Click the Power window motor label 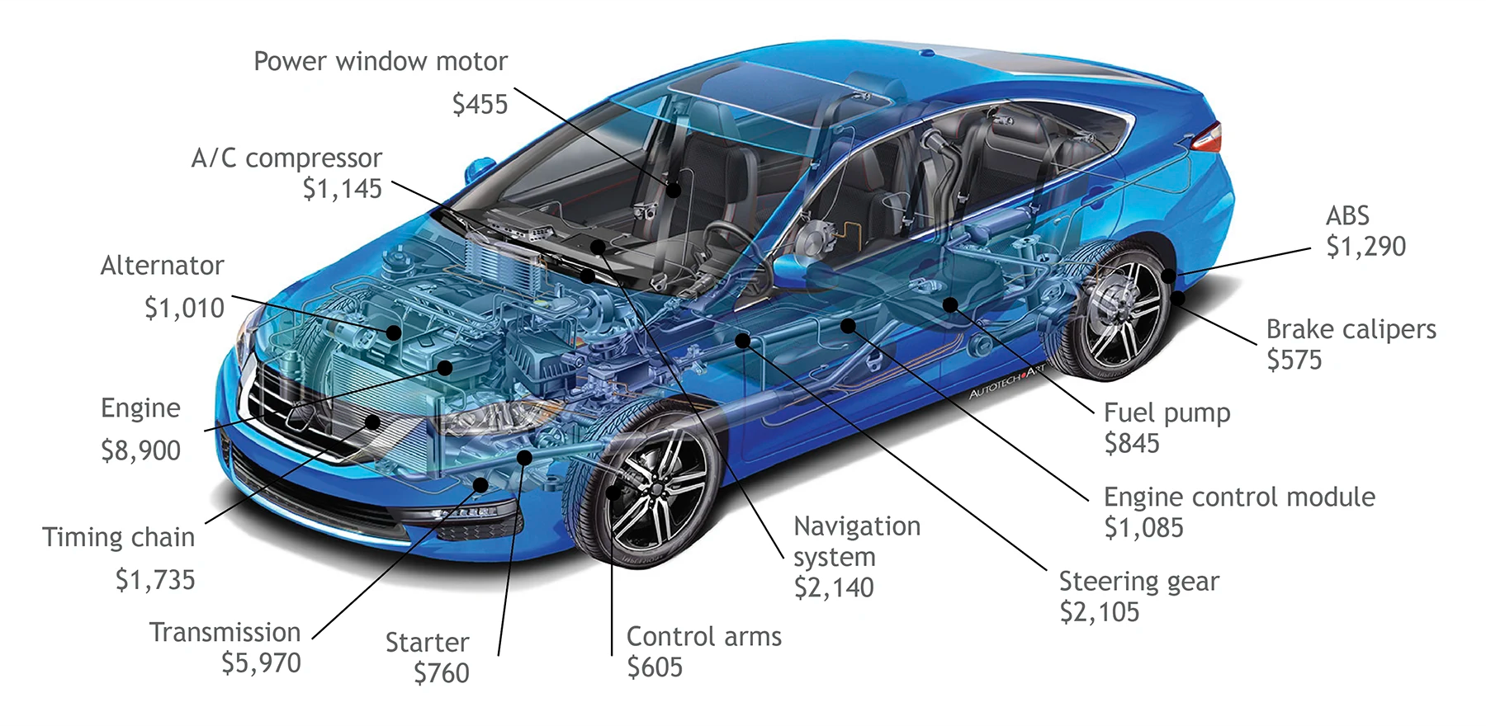click(380, 62)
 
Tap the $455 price click(480, 105)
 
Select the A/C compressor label click(286, 158)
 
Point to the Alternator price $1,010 click(184, 309)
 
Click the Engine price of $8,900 click(140, 451)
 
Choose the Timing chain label click(118, 538)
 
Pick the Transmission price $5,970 click(261, 663)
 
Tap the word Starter click(427, 643)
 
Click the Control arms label click(703, 637)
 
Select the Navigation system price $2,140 click(834, 588)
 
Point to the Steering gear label click(1138, 582)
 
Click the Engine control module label click(1239, 497)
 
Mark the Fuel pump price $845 click(1132, 444)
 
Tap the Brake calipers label click(1351, 329)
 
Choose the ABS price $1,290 click(1365, 247)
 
